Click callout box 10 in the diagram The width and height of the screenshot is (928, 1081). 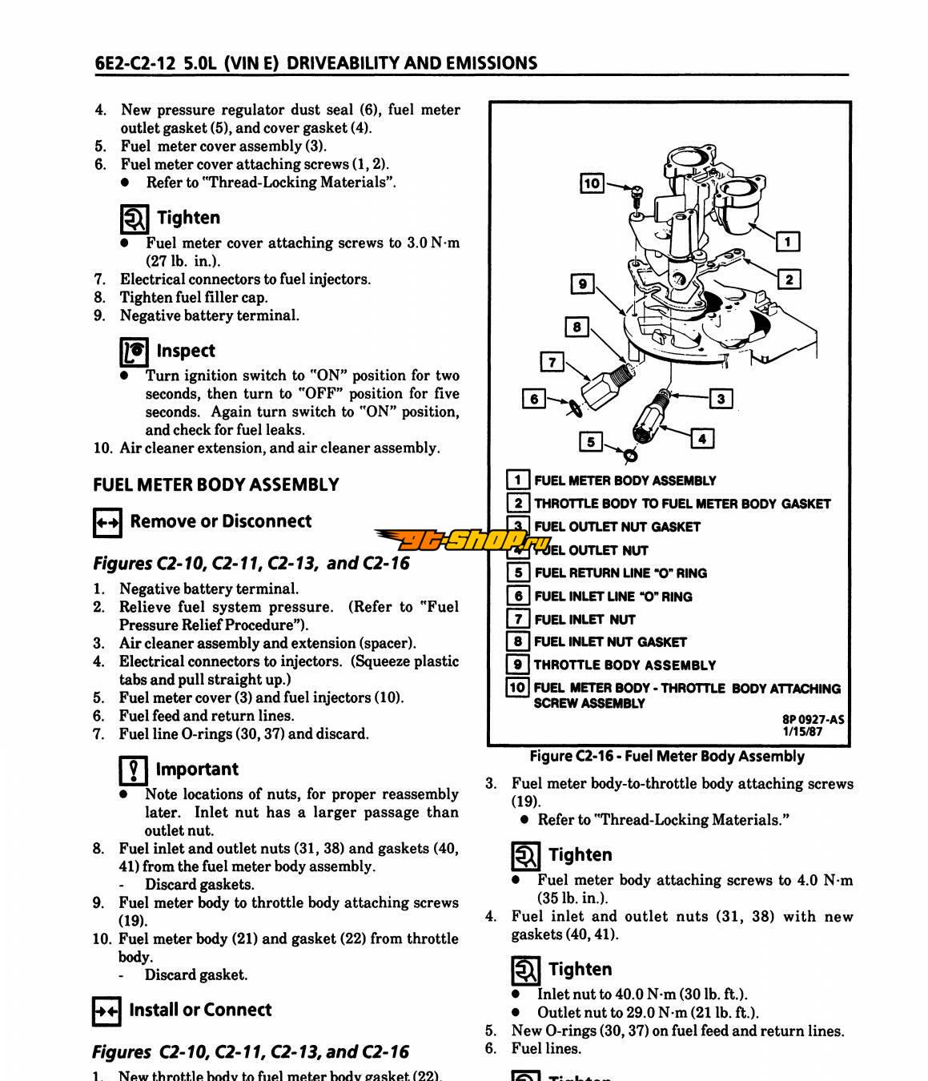(x=592, y=183)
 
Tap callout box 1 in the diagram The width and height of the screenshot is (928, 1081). (x=788, y=241)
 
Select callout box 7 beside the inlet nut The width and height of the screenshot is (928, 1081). (x=552, y=362)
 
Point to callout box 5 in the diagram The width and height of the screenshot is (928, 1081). (x=591, y=441)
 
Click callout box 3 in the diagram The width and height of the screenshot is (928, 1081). (x=721, y=398)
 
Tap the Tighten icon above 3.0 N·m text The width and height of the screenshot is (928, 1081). (x=134, y=218)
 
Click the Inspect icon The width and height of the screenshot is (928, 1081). (x=134, y=352)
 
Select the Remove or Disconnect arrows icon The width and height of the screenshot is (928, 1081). (x=107, y=523)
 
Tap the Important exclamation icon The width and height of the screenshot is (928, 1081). (x=133, y=770)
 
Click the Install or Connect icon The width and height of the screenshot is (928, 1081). (x=107, y=1011)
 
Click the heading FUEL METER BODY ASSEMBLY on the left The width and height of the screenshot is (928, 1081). (x=216, y=484)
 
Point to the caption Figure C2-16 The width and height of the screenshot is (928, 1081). (x=667, y=757)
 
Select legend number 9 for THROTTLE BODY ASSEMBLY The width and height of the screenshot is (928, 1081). (x=518, y=665)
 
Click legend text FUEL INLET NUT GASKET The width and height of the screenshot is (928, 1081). (x=610, y=641)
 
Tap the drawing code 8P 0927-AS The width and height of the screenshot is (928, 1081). (x=813, y=719)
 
